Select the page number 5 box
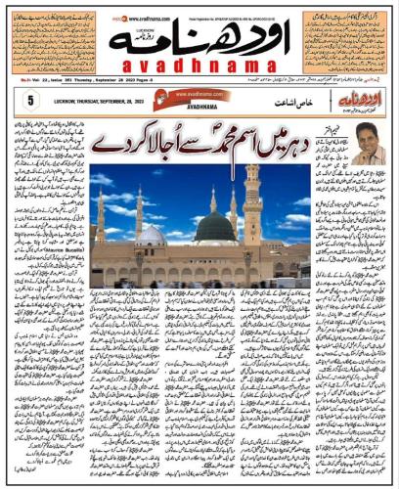tap(31, 100)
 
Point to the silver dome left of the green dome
tap(153, 236)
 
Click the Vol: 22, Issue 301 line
tap(59, 82)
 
